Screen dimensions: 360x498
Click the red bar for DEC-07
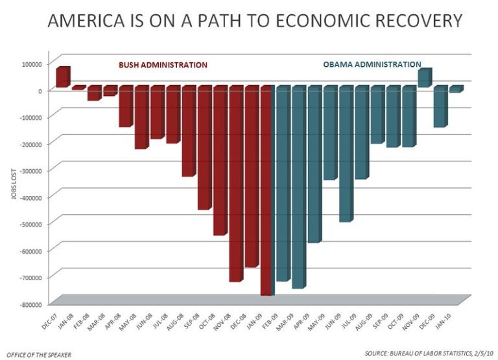click(x=62, y=77)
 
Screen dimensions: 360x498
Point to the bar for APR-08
click(x=125, y=106)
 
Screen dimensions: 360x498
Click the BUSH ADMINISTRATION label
click(x=162, y=66)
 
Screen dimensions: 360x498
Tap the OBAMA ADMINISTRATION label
click(x=372, y=65)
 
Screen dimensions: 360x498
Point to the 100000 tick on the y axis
click(x=30, y=64)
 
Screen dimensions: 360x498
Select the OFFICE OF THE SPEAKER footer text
click(x=38, y=354)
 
